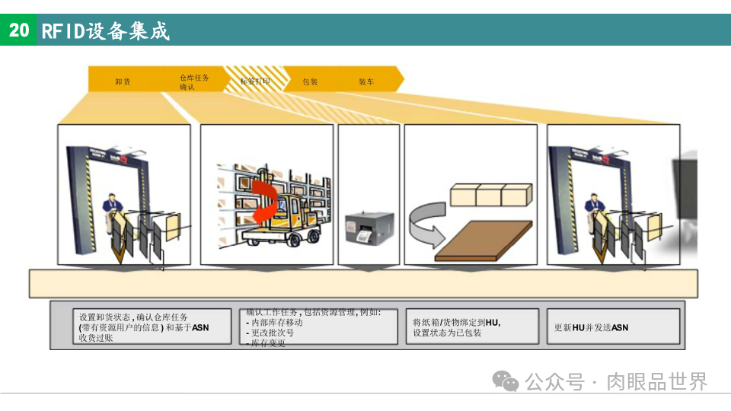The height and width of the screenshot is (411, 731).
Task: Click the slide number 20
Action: (x=18, y=30)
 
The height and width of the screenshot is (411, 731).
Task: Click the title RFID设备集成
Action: (x=106, y=31)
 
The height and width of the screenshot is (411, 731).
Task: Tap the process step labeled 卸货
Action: (x=123, y=81)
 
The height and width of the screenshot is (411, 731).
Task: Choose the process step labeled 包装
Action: (x=310, y=81)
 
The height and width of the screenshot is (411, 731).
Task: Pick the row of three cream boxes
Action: (x=490, y=195)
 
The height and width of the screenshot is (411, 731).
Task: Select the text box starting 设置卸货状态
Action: (x=141, y=327)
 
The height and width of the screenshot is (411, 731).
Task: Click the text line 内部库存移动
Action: (x=277, y=322)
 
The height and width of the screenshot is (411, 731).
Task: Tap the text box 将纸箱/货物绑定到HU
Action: (x=471, y=327)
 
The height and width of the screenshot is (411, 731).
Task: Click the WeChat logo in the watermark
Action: (x=505, y=381)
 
